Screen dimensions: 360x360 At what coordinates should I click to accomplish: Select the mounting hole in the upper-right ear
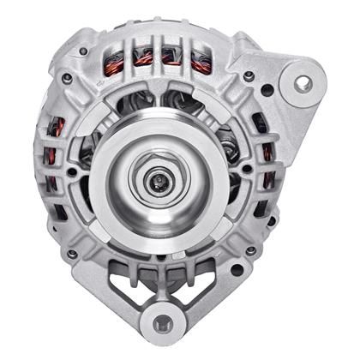[302, 84]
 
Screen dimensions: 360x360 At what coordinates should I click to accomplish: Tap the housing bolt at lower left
[72, 254]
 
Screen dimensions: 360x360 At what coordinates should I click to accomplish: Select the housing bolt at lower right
[250, 250]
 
